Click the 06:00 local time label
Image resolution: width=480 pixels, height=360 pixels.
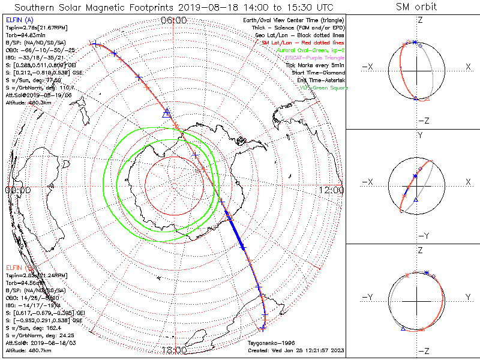(174, 20)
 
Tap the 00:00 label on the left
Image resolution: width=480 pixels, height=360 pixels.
(17, 190)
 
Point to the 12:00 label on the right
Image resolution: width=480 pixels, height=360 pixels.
(332, 190)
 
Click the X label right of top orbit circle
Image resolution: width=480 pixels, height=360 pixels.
(468, 67)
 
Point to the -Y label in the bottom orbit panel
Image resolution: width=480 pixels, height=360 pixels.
(370, 297)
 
